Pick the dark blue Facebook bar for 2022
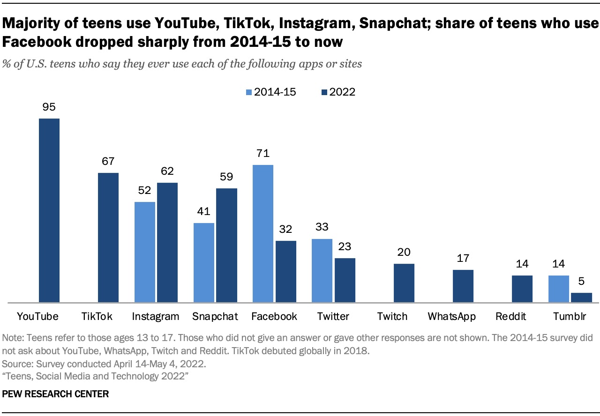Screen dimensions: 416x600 click(x=286, y=271)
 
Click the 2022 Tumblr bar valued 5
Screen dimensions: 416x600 click(x=581, y=297)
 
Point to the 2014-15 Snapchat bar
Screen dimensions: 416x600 click(x=204, y=262)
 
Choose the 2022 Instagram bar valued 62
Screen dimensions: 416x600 click(x=167, y=242)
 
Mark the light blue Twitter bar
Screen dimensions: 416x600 click(x=322, y=270)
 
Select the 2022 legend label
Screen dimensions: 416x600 click(x=342, y=92)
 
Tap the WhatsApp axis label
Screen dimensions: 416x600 click(x=451, y=317)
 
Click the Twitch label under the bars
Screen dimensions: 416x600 click(x=392, y=317)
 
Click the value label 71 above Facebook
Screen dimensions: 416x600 click(x=263, y=153)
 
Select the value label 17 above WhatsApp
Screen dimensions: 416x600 click(x=463, y=258)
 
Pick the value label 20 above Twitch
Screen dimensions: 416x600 click(x=404, y=252)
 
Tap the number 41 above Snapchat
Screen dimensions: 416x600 click(x=204, y=211)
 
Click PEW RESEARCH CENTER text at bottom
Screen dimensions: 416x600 click(x=55, y=394)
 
